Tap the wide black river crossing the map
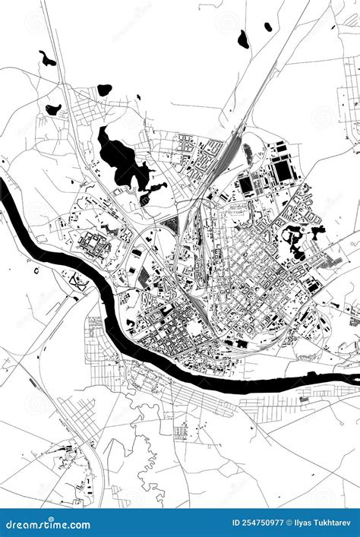coord(114,304)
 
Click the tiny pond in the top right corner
coord(268,27)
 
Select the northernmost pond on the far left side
coord(47,58)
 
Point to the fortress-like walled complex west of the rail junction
coord(95,245)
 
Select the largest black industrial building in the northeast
coord(283,170)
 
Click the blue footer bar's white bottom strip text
coord(180,534)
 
